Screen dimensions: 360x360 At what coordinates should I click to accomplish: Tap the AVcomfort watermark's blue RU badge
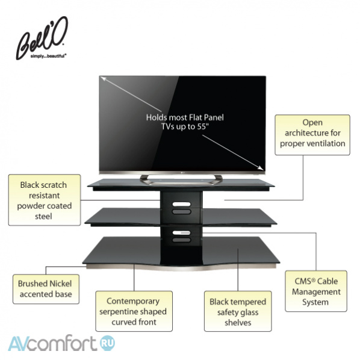108,343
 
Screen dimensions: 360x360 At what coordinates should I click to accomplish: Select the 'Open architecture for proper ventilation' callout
312,135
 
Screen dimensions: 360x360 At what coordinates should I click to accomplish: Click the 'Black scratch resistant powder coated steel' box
45,200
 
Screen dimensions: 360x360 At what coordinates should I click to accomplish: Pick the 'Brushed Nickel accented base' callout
46,289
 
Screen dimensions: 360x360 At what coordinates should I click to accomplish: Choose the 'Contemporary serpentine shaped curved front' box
134,311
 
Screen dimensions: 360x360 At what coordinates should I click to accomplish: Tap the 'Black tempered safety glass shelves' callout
238,311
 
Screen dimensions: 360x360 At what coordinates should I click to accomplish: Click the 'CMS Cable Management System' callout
316,291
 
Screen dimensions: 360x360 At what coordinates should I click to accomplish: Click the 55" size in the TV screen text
203,126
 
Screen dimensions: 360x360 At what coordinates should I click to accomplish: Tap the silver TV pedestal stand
181,180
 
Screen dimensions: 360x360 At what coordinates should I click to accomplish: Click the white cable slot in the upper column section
182,204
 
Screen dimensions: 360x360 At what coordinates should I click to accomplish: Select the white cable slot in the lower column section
182,233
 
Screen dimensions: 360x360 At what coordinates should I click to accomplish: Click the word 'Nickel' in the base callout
61,284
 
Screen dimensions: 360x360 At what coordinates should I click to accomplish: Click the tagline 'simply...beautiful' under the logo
48,56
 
